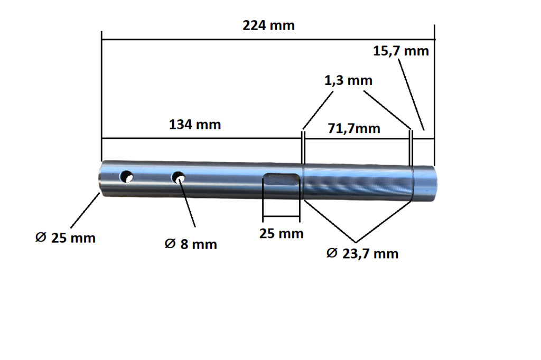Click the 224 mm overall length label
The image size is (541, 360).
pyautogui.click(x=268, y=25)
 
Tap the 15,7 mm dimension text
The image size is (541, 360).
pyautogui.click(x=401, y=51)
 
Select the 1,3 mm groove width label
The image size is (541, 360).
pyautogui.click(x=349, y=80)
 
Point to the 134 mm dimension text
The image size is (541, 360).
pyautogui.click(x=195, y=125)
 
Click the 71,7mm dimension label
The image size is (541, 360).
pyautogui.click(x=354, y=128)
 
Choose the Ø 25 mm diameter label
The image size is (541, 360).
pyautogui.click(x=65, y=238)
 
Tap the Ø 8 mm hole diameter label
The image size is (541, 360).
pyautogui.click(x=191, y=244)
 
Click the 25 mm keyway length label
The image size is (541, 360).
pyautogui.click(x=282, y=233)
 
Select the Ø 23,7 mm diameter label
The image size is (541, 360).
pyautogui.click(x=362, y=254)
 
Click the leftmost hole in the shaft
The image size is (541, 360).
pyautogui.click(x=127, y=176)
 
